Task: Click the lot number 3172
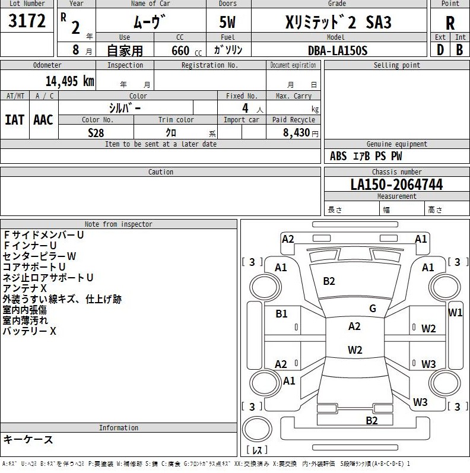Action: pos(27,21)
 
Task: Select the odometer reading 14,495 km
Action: pos(69,81)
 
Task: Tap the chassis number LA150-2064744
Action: pos(396,185)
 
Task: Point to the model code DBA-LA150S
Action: pos(338,50)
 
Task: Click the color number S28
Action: pos(96,133)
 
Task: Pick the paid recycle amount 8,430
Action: pos(297,132)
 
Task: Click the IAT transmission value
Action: pos(14,120)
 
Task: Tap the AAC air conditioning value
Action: pos(43,120)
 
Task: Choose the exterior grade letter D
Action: pos(440,50)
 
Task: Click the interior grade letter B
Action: pos(459,50)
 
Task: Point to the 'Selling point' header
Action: pos(396,65)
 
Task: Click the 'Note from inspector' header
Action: pos(119,224)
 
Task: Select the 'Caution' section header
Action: pos(161,172)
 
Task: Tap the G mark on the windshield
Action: pos(373,308)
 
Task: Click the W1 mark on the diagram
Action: pos(455,313)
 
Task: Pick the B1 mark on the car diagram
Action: pos(281,314)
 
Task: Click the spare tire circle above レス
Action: pos(257,429)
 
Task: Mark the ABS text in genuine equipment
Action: pos(338,156)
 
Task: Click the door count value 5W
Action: pos(227,22)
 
